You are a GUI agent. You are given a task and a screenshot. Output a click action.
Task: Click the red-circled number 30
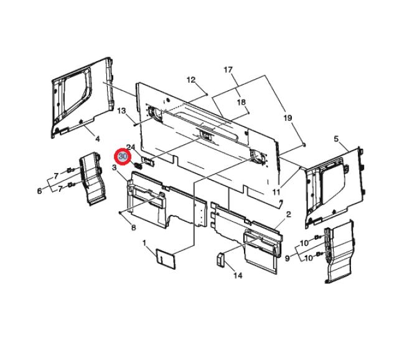point(123,156)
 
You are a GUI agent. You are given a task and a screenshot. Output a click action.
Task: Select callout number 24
point(131,147)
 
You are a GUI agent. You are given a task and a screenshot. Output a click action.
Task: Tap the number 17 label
point(228,70)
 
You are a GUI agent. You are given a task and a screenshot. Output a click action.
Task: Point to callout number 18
point(241,102)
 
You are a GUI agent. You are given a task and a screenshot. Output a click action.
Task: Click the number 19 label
point(288,118)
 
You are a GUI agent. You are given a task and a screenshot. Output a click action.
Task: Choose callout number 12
point(191,80)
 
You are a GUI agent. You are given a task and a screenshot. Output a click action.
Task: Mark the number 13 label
point(121,110)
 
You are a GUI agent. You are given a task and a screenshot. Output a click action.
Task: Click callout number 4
point(98,139)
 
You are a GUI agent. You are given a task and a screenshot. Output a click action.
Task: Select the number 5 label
point(337,139)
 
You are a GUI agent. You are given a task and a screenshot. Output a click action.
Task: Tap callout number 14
point(238,275)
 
